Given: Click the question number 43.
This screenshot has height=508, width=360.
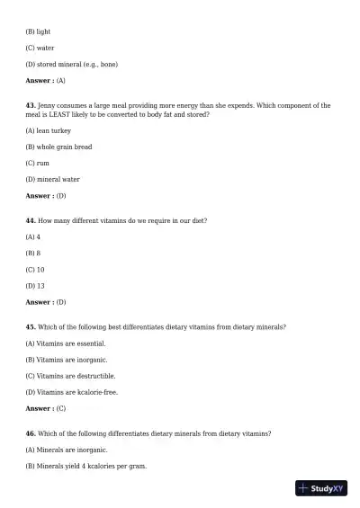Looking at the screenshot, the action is click(x=31, y=105).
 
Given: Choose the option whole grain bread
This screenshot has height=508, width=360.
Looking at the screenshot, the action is click(x=58, y=147).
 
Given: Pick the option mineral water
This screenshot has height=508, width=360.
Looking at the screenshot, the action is click(x=52, y=179).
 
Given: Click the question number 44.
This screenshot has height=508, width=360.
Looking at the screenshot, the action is click(x=31, y=220).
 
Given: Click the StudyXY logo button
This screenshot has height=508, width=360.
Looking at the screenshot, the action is click(x=321, y=488).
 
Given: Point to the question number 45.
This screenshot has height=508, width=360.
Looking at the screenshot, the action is click(x=31, y=326).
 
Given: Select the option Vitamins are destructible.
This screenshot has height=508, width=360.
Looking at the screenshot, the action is click(x=70, y=375).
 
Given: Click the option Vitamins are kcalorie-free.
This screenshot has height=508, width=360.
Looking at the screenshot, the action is click(x=72, y=391).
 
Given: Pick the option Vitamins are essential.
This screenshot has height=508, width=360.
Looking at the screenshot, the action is click(x=66, y=343).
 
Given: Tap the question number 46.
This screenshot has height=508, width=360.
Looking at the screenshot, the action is click(x=31, y=432).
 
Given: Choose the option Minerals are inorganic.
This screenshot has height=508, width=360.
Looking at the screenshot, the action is click(x=67, y=449).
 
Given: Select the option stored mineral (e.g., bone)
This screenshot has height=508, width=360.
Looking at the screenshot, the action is click(x=71, y=64).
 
